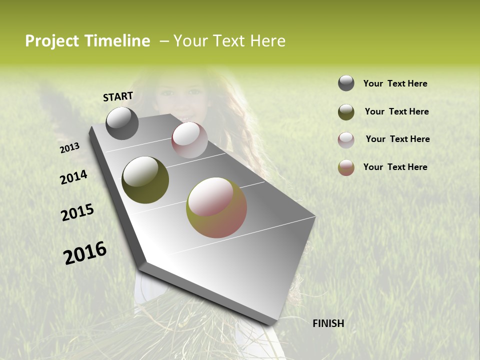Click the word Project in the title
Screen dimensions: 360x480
51,41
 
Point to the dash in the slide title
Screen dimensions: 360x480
164,41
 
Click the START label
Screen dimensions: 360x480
118,96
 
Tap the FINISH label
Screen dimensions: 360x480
328,323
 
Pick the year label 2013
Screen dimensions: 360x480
70,148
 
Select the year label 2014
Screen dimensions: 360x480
73,177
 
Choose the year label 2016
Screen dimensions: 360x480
85,253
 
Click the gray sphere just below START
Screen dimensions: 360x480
122,123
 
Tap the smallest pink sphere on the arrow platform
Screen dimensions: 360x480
189,139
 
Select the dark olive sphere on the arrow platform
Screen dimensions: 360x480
145,180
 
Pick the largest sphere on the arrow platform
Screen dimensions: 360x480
216,207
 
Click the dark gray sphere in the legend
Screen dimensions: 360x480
346,83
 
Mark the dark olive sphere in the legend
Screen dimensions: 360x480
346,112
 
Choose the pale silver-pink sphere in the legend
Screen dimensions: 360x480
346,139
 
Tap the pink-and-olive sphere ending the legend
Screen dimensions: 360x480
346,167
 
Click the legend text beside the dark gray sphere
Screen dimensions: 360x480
395,84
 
